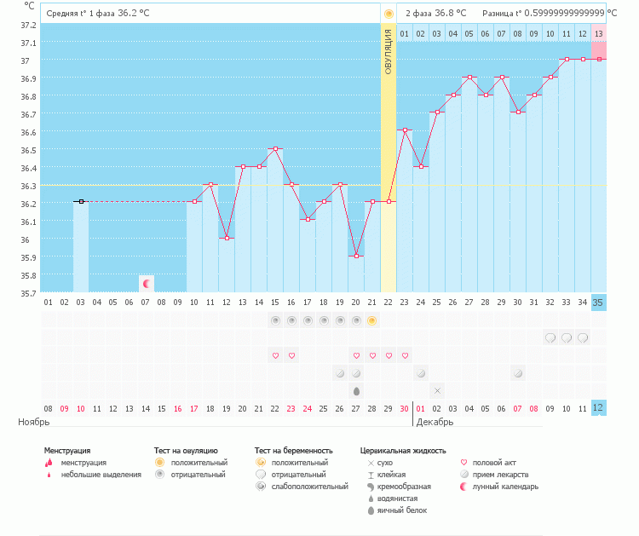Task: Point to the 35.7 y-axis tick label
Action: pos(28,293)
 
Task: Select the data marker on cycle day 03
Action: pos(81,201)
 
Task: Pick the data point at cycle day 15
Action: pos(275,148)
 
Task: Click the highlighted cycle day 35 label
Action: pos(598,302)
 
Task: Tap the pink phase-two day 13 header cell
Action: pos(598,33)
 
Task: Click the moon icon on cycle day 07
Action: pos(146,283)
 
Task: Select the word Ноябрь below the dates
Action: pos(34,422)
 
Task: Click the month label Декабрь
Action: pos(435,422)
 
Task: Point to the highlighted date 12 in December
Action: pos(598,408)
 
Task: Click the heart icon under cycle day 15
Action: pos(275,355)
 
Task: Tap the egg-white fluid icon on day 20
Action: pos(356,390)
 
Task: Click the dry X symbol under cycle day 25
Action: pos(437,390)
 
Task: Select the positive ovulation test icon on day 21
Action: pos(372,320)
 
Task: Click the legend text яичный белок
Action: pos(402,510)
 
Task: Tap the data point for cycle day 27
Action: pos(469,77)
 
